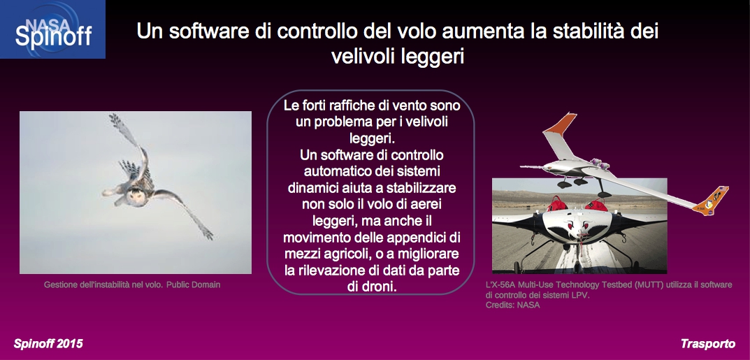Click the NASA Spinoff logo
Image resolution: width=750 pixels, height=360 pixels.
click(x=52, y=29)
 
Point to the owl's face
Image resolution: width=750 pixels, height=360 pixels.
click(x=136, y=196)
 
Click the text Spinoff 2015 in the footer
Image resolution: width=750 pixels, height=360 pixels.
click(x=48, y=343)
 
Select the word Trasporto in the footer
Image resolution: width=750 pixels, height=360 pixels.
click(x=708, y=343)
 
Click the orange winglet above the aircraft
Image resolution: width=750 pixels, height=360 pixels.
click(x=560, y=123)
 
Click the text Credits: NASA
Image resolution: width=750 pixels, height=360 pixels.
click(x=513, y=305)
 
